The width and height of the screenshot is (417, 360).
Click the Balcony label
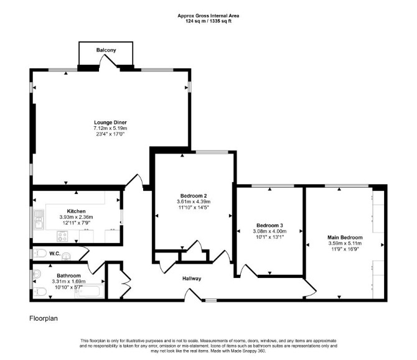coord(106,50)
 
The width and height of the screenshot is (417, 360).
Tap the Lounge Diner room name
coord(110,122)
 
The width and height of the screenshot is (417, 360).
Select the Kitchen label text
coord(76,211)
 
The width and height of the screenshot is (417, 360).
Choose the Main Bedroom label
coord(345,238)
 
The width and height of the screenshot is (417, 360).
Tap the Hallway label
coord(192,279)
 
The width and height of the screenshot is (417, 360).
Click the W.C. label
coord(55,254)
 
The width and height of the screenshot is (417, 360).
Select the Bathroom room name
coord(68,276)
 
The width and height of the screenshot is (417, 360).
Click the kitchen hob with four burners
coord(62,236)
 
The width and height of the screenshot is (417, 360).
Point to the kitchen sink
coord(39,219)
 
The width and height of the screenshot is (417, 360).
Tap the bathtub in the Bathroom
coord(90,291)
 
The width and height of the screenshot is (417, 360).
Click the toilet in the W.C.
coord(39,253)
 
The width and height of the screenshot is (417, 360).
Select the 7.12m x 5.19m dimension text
coord(110,128)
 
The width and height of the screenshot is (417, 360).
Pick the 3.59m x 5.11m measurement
coord(345,243)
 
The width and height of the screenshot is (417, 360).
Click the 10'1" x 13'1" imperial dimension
coord(269,237)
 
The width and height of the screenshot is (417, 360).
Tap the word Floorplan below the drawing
coord(44,318)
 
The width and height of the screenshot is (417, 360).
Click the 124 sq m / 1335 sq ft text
coord(208,21)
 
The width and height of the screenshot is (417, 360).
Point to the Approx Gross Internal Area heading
coord(208,16)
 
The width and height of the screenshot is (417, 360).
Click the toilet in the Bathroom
coord(40,292)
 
